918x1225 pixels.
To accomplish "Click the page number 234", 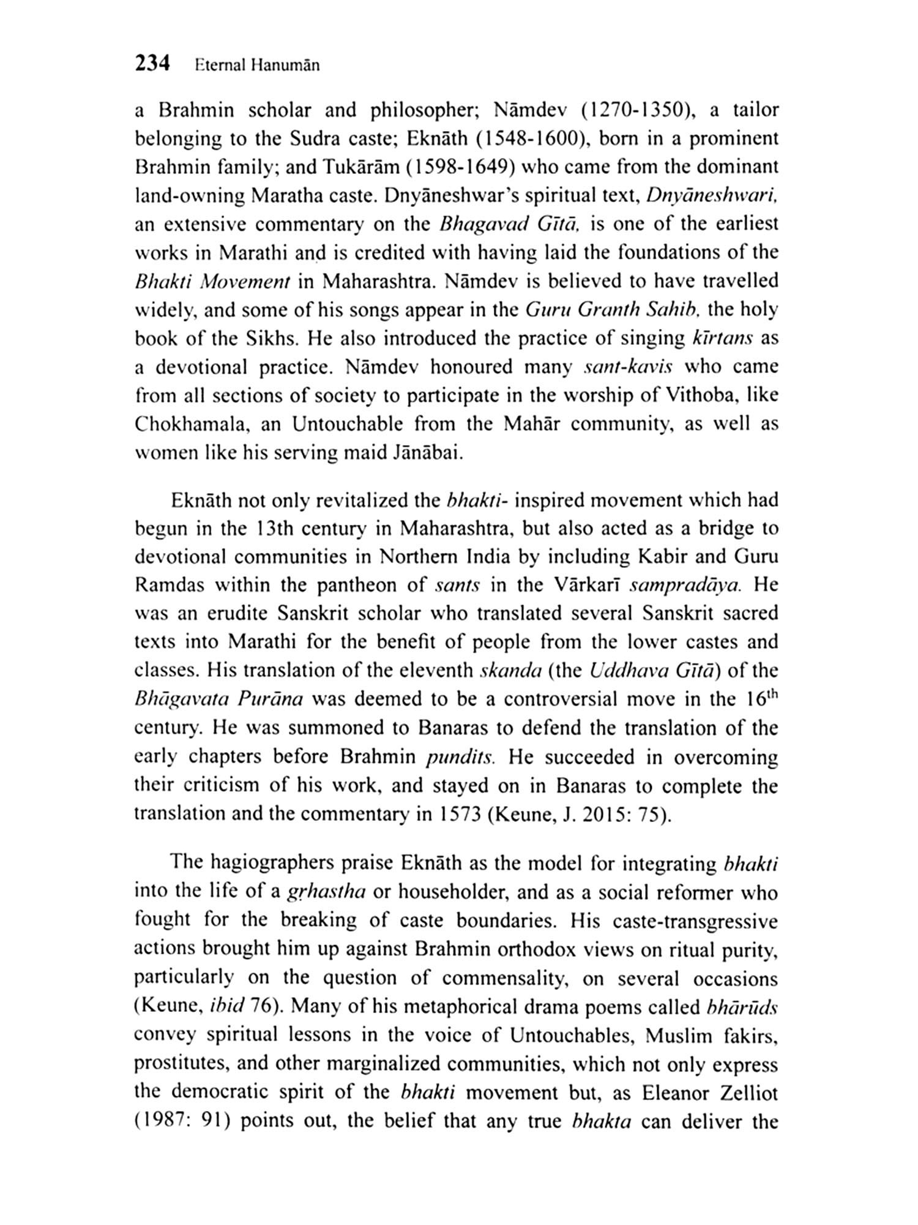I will [152, 63].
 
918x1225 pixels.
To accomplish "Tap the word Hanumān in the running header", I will [285, 66].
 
